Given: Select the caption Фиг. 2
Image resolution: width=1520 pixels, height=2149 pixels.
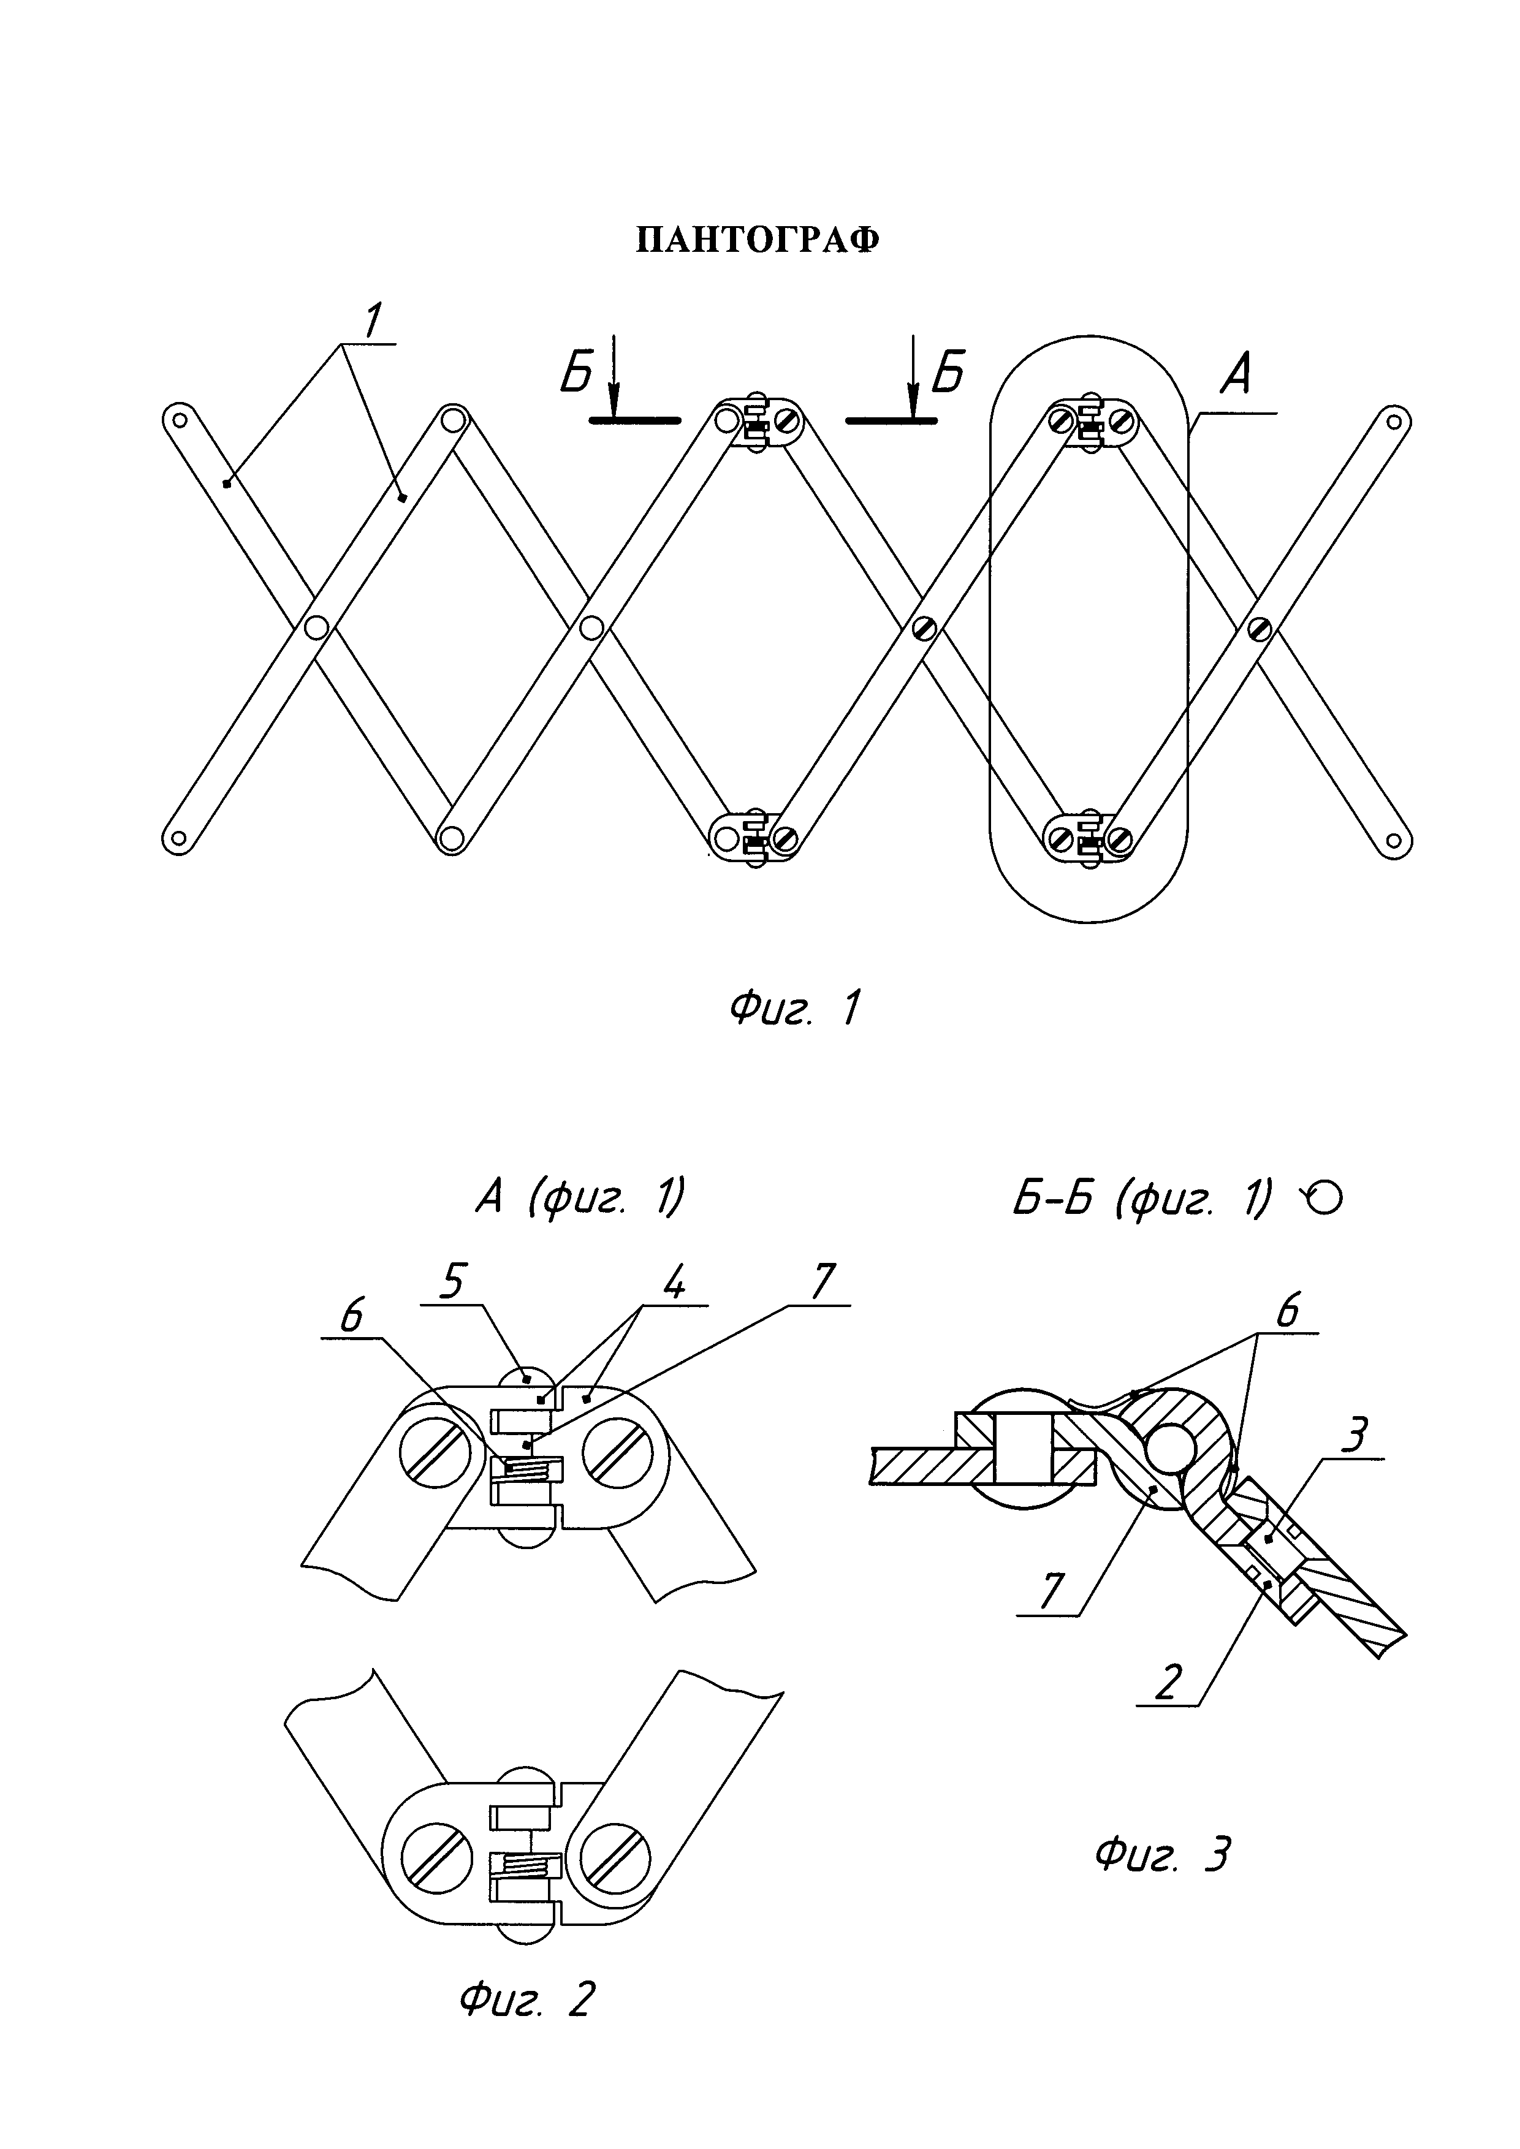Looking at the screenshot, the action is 527,2000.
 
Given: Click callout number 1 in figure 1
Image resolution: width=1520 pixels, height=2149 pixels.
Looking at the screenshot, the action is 371,322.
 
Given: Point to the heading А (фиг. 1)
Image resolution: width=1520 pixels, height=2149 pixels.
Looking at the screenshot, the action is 580,1198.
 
